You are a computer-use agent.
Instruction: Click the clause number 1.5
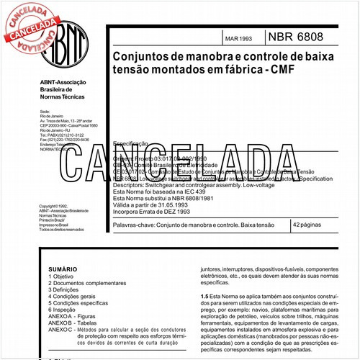[204, 296]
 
